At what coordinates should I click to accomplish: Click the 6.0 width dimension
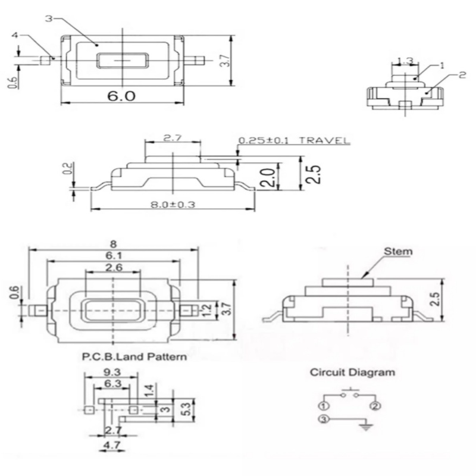[x=121, y=96]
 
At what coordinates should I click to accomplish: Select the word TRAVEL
[x=325, y=141]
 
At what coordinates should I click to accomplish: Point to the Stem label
[x=397, y=251]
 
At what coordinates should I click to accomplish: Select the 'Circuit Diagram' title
[x=351, y=373]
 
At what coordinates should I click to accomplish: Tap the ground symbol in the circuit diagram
[x=366, y=425]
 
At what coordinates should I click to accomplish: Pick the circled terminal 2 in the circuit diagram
[x=375, y=406]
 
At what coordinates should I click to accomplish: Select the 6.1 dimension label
[x=112, y=255]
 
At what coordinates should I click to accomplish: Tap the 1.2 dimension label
[x=208, y=309]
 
